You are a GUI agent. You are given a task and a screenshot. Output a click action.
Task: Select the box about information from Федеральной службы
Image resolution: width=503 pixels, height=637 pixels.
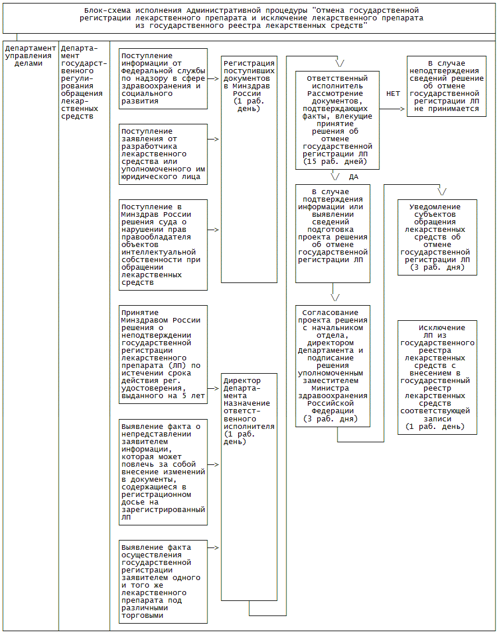[163, 78]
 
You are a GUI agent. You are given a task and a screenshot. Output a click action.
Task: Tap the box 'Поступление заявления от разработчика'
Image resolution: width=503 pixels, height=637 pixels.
[163, 154]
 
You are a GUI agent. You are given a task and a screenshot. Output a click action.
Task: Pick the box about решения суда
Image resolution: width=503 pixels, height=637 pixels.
[163, 245]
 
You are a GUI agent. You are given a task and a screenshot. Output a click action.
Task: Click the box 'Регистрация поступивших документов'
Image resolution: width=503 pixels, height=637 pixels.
[249, 169]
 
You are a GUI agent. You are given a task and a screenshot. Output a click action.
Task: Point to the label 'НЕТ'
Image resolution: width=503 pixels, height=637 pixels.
[393, 93]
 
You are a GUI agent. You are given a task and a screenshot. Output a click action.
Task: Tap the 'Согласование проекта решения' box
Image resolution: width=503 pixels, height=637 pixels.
[333, 366]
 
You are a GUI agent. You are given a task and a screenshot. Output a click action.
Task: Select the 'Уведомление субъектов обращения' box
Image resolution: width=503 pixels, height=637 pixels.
[437, 237]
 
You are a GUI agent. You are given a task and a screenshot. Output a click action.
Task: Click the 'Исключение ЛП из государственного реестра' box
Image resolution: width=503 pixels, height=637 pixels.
[437, 377]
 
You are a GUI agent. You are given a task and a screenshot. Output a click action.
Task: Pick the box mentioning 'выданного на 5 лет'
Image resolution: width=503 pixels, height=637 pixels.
[163, 354]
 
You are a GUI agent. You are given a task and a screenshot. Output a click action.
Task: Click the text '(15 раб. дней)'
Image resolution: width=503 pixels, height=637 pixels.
[335, 162]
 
